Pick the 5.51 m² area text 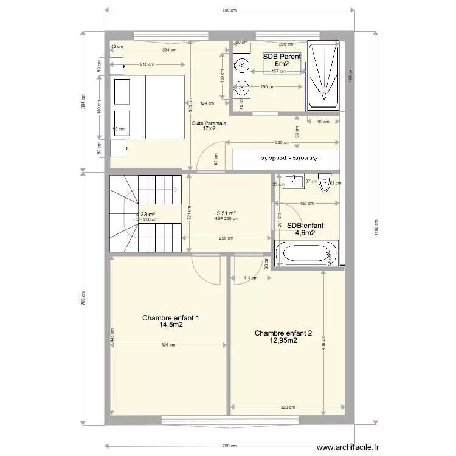point(226,213)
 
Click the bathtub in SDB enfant point(306,254)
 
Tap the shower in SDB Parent point(323,76)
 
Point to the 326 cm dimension point(168,345)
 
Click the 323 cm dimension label point(288,407)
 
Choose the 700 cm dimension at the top point(229,10)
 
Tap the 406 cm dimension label point(323,342)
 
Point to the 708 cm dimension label point(83,299)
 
